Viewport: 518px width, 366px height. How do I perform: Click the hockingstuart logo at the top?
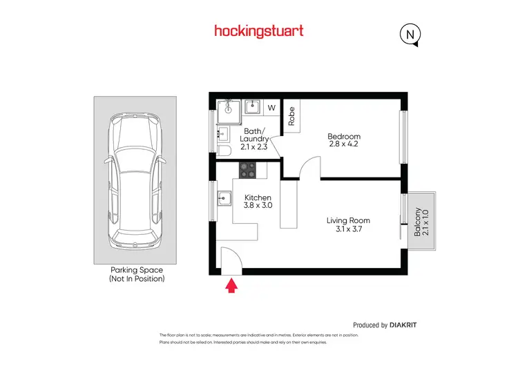[x=259, y=30]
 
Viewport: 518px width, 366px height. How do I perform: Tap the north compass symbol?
[x=410, y=34]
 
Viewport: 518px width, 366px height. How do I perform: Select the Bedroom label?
[x=344, y=136]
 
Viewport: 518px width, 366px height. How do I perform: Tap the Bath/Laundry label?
[x=255, y=138]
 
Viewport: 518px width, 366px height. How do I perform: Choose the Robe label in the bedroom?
[x=291, y=115]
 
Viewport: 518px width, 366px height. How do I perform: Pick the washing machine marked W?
[x=271, y=108]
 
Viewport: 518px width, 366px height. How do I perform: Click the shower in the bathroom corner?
[x=227, y=110]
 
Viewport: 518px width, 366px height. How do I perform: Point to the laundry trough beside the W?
[x=253, y=108]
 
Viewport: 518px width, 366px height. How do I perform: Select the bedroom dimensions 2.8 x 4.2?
[x=344, y=145]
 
